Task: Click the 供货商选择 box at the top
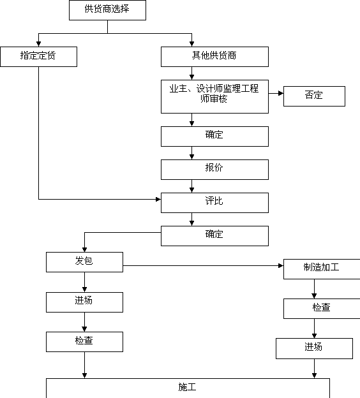pos(107,10)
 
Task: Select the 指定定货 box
pos(38,57)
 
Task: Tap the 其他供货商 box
pos(214,57)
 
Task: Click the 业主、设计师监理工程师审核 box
pos(214,97)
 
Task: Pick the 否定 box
pos(314,96)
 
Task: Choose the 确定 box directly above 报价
pos(214,136)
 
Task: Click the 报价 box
pos(214,170)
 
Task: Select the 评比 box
pos(214,203)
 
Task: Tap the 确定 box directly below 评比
pos(214,236)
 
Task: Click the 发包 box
pos(85,262)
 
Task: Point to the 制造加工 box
pos(322,269)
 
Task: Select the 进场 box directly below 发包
pos(85,302)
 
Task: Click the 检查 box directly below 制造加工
pos(322,309)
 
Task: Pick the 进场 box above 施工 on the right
pos(314,348)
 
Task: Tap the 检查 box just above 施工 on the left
pos(85,342)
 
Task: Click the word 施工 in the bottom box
pos(187,387)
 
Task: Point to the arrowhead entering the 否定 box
pos(281,93)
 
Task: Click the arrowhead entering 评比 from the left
pos(158,199)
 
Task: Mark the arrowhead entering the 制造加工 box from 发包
pos(281,266)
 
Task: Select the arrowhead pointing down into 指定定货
pos(38,44)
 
